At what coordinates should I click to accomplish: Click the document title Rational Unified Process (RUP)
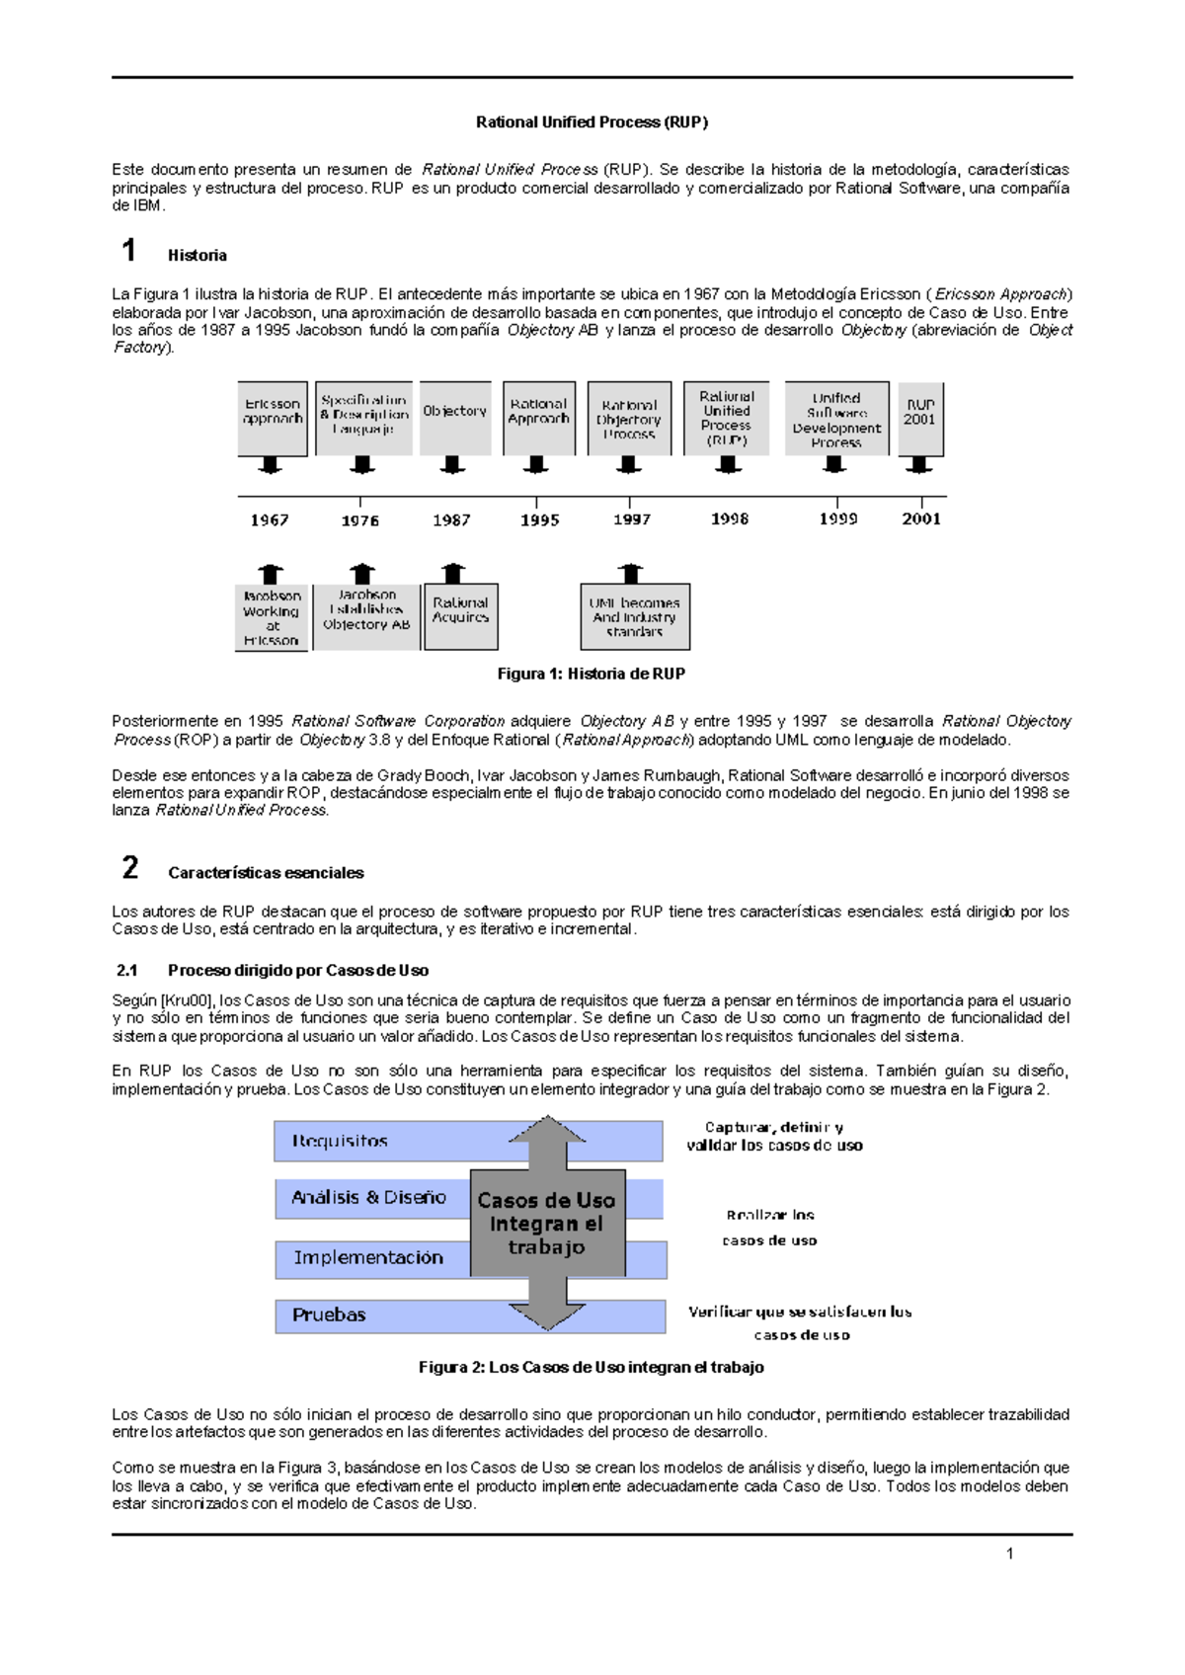592,122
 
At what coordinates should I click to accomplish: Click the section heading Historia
197,256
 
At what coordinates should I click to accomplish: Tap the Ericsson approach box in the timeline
273,417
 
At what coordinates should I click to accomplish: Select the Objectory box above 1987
454,417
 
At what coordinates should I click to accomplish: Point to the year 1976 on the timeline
360,520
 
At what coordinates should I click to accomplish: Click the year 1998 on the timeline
729,519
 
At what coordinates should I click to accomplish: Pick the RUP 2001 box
920,418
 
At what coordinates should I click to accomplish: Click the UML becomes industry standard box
635,617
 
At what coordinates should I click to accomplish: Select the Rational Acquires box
460,617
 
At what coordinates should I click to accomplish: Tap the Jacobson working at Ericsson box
272,618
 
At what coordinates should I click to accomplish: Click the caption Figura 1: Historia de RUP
591,674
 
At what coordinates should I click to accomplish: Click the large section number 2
129,868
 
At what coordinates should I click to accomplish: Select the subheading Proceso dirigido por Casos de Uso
297,970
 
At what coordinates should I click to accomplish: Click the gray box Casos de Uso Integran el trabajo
547,1223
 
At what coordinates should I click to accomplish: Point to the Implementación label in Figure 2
367,1258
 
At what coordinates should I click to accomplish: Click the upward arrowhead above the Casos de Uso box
548,1131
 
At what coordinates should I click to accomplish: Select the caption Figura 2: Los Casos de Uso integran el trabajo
591,1367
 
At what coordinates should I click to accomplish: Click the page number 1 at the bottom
1009,1555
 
